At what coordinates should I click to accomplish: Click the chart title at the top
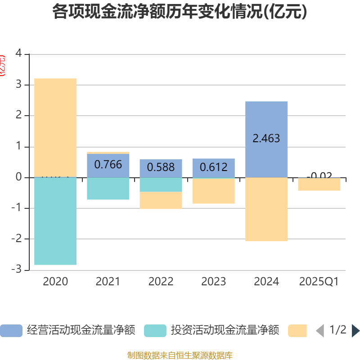pos(180,12)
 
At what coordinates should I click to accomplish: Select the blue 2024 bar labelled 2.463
pos(266,139)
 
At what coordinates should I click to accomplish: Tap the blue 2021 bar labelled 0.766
pos(108,165)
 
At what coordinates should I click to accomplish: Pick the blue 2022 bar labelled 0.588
pos(161,168)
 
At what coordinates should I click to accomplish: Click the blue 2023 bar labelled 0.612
pos(213,168)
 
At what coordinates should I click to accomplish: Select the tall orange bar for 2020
pos(55,128)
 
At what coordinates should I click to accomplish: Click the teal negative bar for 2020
pos(55,221)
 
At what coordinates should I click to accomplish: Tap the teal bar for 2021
pos(108,189)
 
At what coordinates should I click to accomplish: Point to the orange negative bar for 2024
pos(266,210)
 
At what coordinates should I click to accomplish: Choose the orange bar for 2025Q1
pos(319,184)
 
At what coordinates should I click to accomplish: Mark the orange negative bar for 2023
pos(213,191)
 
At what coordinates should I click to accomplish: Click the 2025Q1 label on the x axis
pos(319,282)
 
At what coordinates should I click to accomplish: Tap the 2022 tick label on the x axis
pos(161,282)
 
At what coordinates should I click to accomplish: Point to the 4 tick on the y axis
pos(18,54)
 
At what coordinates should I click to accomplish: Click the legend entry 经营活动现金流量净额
pos(67,331)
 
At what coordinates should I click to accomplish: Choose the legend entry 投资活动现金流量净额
pos(211,331)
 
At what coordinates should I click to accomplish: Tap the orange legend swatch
pos(297,331)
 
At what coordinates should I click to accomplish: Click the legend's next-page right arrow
pos(355,331)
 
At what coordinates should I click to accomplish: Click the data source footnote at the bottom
pos(180,355)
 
